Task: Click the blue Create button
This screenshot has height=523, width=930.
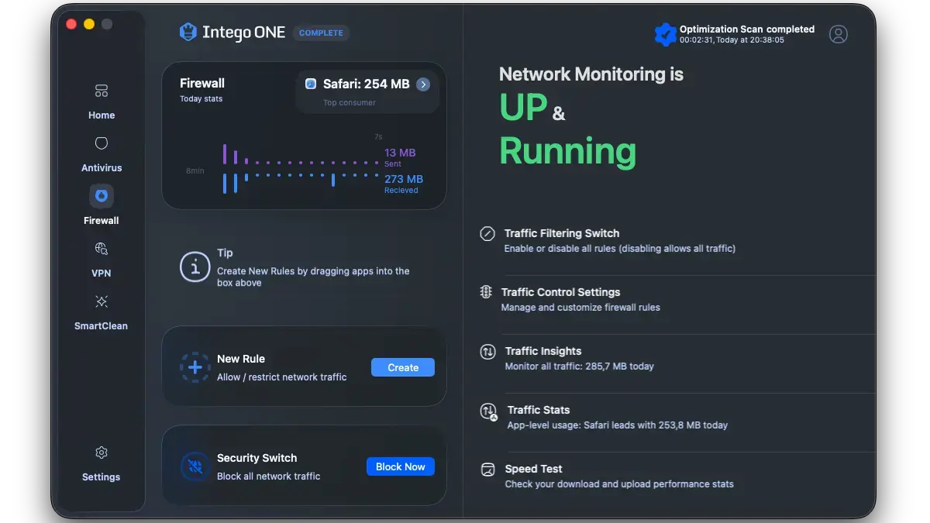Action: (x=402, y=367)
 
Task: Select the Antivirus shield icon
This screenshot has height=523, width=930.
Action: (x=102, y=144)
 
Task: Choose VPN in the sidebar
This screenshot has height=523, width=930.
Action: (x=102, y=249)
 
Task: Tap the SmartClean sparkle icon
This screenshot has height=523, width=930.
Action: (x=102, y=301)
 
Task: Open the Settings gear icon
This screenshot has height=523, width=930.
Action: (x=102, y=452)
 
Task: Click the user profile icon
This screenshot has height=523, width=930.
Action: (x=838, y=34)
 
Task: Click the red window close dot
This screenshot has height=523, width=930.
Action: (x=71, y=24)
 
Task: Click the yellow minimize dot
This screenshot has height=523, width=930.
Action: (x=89, y=24)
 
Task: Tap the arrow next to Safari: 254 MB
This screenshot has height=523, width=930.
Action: (x=423, y=84)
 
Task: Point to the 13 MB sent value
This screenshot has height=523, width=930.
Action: (x=400, y=153)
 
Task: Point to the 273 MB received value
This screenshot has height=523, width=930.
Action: (x=403, y=179)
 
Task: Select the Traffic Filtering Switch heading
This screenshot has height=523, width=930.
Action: (x=561, y=233)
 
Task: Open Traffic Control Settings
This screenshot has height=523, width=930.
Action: (x=560, y=292)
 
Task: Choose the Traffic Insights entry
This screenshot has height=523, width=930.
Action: (x=542, y=351)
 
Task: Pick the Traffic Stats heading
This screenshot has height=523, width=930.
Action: (x=538, y=410)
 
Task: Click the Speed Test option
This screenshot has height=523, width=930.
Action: (x=533, y=469)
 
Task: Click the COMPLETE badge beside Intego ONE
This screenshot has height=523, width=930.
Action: (x=321, y=33)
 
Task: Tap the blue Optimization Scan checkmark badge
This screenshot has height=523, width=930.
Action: (x=665, y=34)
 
